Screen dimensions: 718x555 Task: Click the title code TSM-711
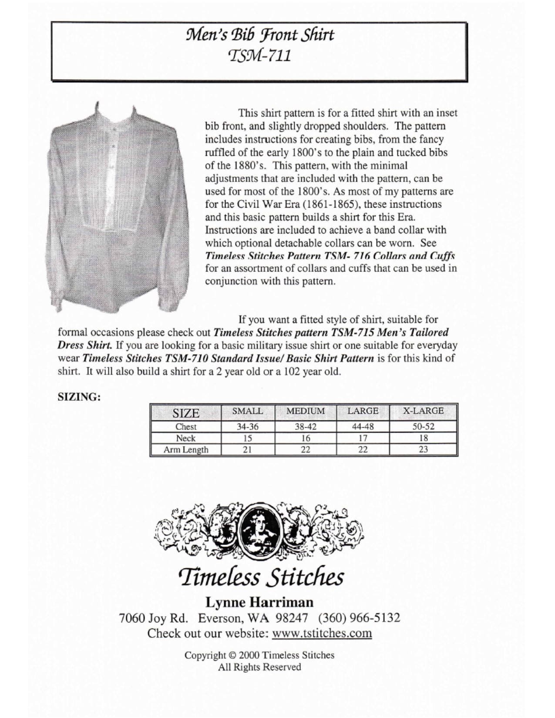pos(259,56)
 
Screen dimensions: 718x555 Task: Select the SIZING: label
pos(79,397)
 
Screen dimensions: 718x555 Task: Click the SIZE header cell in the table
pos(186,413)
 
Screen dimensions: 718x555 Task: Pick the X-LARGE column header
pos(423,411)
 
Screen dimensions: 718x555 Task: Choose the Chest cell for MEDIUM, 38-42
pos(306,427)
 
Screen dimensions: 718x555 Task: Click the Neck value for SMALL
pos(247,438)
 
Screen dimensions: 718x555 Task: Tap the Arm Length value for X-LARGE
pos(423,450)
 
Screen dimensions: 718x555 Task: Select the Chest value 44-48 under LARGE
pos(363,427)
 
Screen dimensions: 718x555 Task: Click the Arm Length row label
pos(186,450)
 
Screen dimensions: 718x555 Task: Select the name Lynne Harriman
pos(259,602)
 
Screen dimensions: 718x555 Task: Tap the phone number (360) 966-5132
pos(359,617)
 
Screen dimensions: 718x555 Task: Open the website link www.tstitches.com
pos(322,633)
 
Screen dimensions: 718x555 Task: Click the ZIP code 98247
pos(294,617)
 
